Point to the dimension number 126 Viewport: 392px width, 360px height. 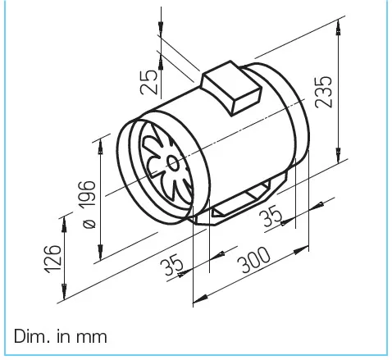tap(52, 260)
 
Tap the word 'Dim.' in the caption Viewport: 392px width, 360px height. tap(30, 336)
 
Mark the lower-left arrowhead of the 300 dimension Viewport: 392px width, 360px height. tap(197, 298)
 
